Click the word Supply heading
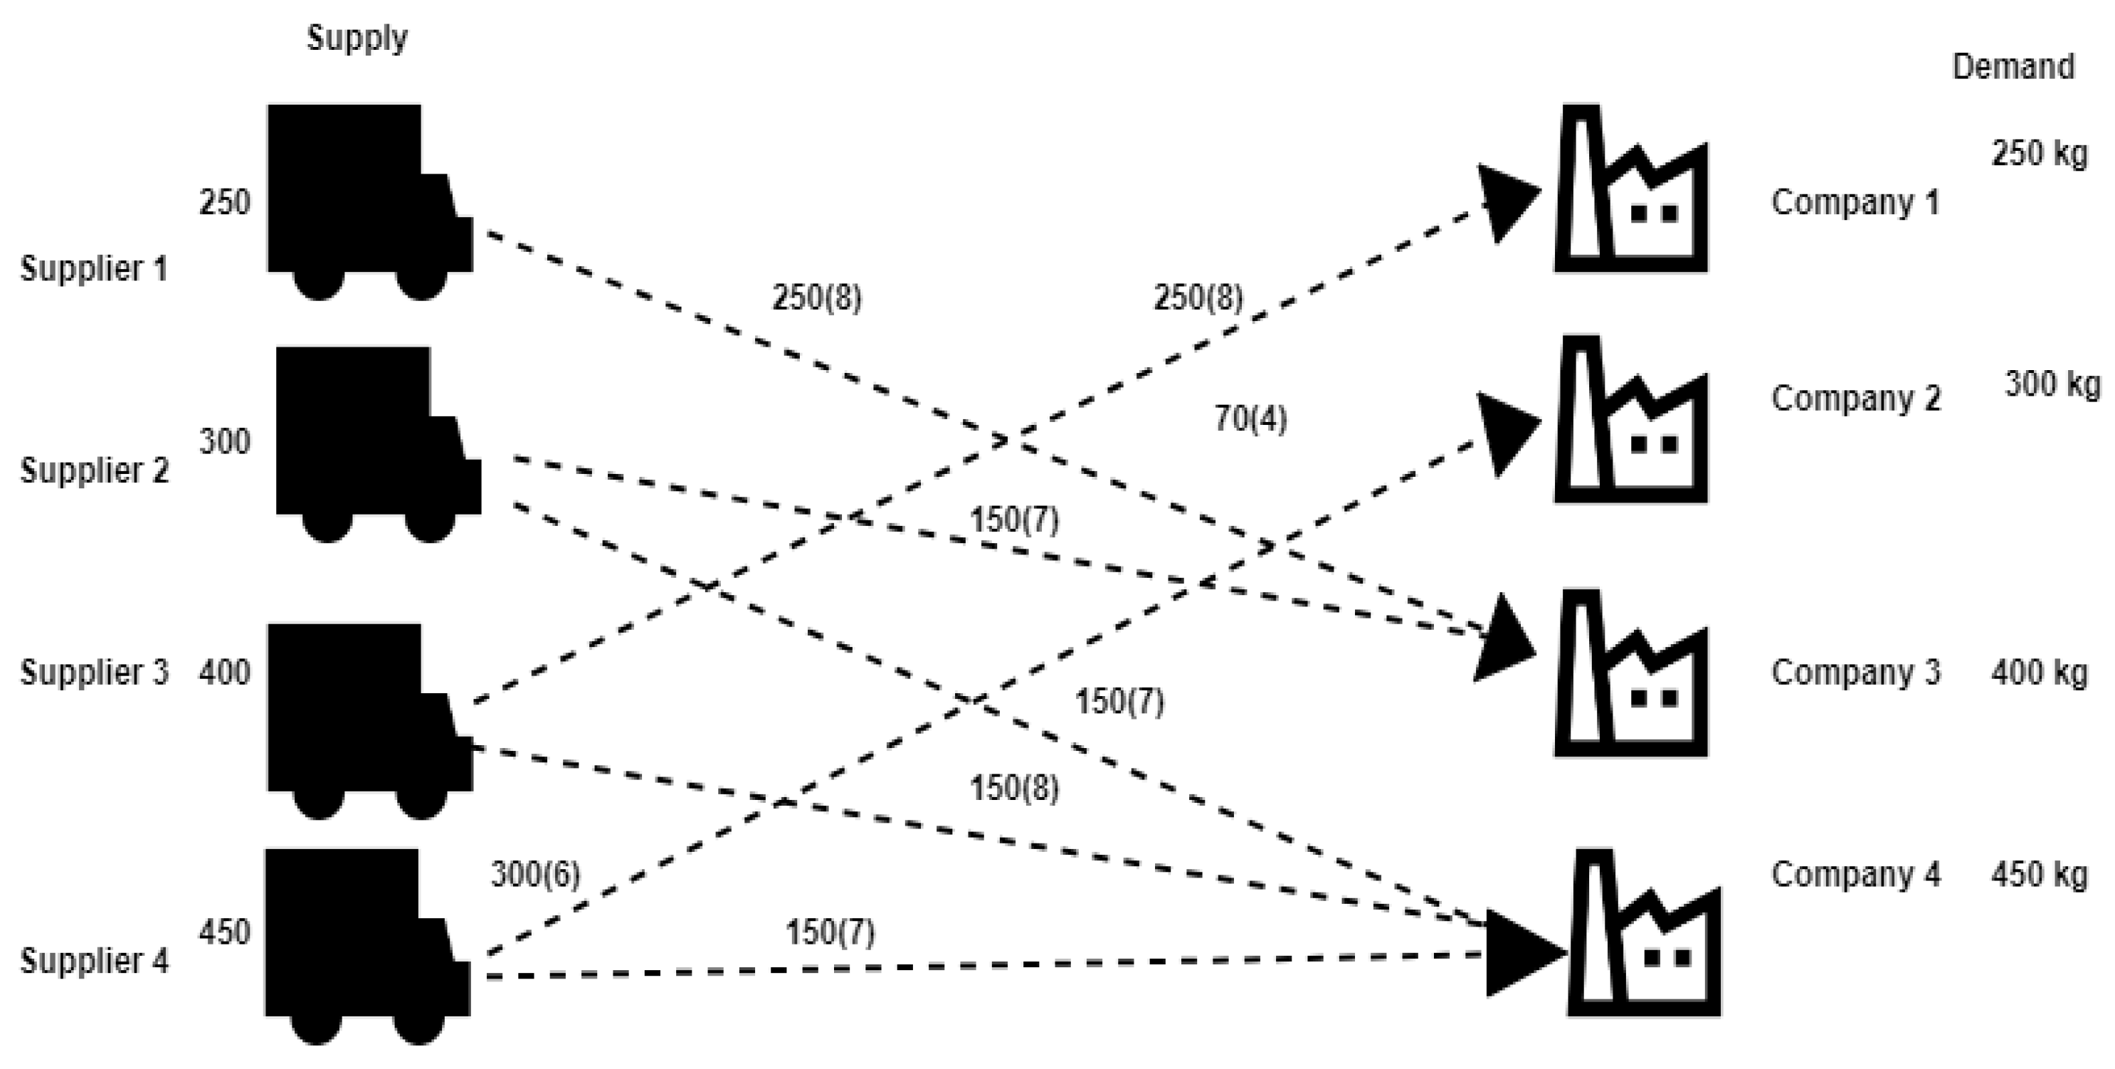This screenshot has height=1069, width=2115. click(357, 38)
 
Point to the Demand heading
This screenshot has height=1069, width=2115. click(2013, 66)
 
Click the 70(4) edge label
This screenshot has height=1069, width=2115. click(1250, 419)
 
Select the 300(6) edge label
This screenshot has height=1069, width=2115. click(535, 875)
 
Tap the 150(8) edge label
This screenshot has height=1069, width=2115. click(1014, 788)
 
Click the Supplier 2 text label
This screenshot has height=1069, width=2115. click(94, 470)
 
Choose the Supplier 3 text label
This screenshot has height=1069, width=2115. click(94, 673)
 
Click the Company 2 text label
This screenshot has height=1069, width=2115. click(1855, 399)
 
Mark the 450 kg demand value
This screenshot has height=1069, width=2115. click(2039, 875)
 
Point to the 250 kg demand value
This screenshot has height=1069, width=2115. click(2039, 154)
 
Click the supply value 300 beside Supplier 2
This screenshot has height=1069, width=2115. click(224, 443)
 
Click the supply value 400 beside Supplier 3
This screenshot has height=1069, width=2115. click(224, 673)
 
